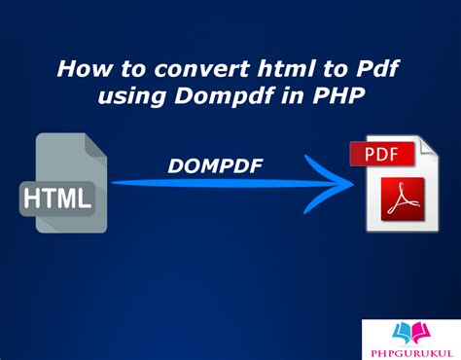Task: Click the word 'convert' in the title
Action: pyautogui.click(x=186, y=70)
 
